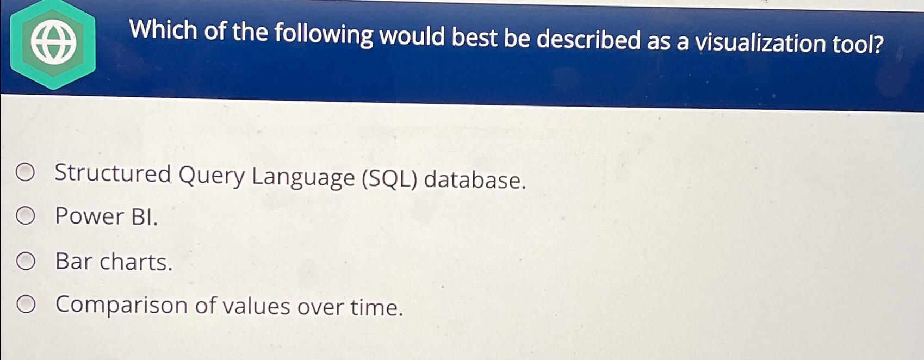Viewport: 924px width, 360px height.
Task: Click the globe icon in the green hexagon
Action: tap(53, 43)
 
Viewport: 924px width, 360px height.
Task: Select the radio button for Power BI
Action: tap(25, 216)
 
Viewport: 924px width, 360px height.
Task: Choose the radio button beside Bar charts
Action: tap(26, 261)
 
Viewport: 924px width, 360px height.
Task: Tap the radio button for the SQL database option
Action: tap(25, 172)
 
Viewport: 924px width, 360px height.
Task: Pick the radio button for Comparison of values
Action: tap(26, 305)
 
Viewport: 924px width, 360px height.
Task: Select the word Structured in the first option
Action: tap(113, 173)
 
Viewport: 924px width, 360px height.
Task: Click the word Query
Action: tap(212, 176)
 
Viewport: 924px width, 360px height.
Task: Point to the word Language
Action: tap(303, 178)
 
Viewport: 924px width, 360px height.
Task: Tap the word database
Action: tap(475, 180)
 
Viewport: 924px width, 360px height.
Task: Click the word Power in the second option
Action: tap(90, 216)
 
